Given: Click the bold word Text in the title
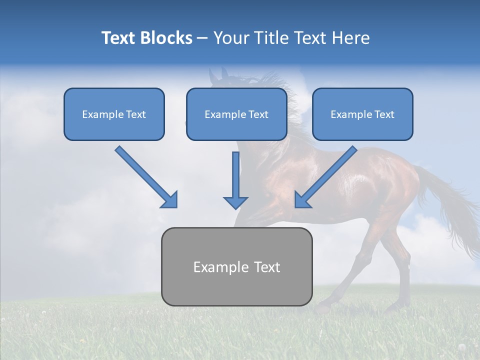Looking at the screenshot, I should tap(118, 38).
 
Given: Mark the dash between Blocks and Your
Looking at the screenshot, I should tap(202, 38).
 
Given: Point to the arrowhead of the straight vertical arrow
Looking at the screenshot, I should tap(235, 202).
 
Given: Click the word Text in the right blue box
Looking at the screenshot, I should tap(384, 114).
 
